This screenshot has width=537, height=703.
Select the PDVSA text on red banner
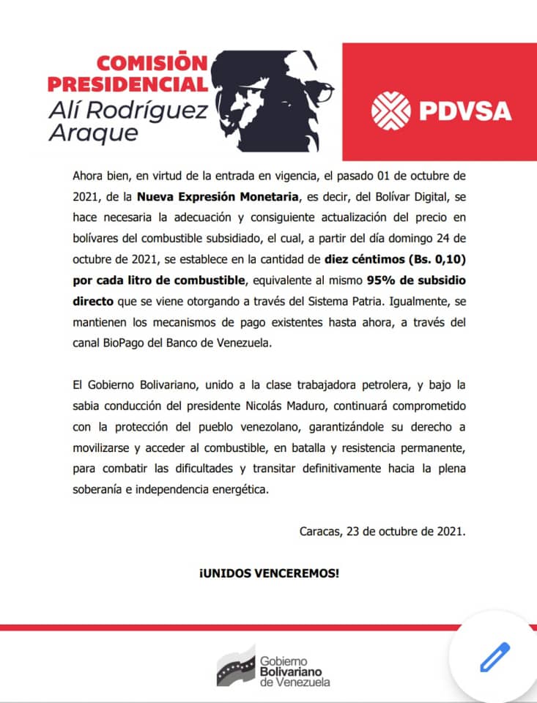[x=466, y=111]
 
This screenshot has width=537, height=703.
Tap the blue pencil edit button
[x=495, y=657]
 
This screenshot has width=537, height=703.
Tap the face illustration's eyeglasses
[x=315, y=93]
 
